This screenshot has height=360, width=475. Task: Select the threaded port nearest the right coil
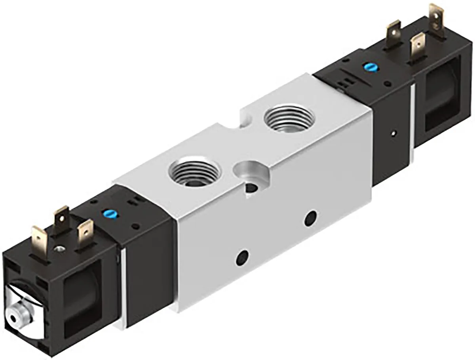pyautogui.click(x=289, y=118)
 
